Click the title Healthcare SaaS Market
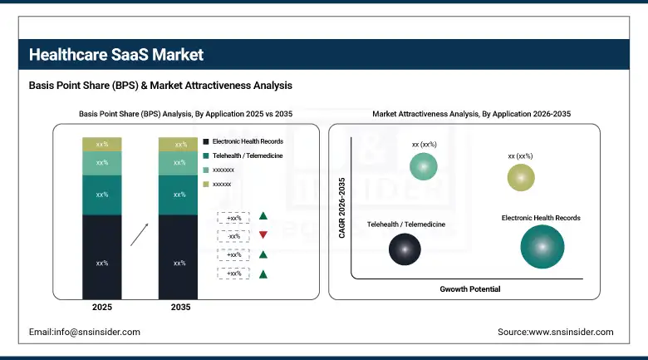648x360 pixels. (x=116, y=55)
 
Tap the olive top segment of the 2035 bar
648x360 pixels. (x=178, y=145)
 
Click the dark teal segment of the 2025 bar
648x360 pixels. (x=101, y=195)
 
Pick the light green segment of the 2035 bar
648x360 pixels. (x=178, y=163)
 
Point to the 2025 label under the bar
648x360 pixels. (x=101, y=308)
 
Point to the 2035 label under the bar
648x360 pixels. (x=178, y=308)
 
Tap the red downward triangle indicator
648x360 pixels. (x=263, y=235)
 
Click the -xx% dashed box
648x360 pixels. (x=233, y=236)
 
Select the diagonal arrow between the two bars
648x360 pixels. (x=140, y=234)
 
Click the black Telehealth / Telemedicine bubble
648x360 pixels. (x=405, y=248)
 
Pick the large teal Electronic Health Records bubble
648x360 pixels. (x=542, y=247)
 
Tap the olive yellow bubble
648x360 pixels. (x=521, y=177)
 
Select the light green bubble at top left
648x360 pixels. (x=424, y=168)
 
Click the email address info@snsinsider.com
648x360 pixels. (x=84, y=332)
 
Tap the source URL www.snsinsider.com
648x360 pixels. (x=555, y=332)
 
